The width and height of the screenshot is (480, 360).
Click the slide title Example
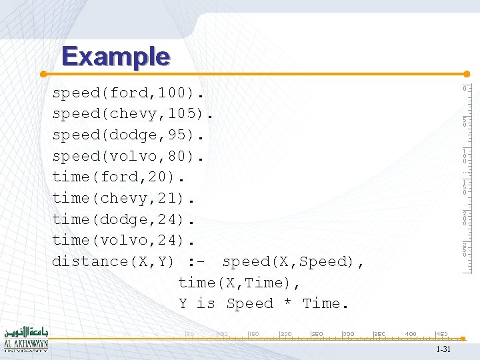(x=115, y=56)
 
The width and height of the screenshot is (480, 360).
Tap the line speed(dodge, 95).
(x=127, y=135)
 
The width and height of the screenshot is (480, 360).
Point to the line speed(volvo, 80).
(x=127, y=156)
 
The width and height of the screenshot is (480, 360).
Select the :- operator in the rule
(x=201, y=261)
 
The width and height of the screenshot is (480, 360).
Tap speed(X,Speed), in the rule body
(x=293, y=261)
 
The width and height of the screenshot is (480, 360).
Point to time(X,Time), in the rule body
(x=239, y=283)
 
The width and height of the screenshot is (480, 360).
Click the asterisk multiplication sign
(x=287, y=304)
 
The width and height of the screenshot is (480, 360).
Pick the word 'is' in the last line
(x=205, y=304)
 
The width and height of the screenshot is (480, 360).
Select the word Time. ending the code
(x=326, y=304)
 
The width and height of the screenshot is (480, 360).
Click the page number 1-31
(x=443, y=350)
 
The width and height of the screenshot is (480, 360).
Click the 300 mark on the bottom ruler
(x=348, y=333)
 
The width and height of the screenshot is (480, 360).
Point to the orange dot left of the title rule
(x=43, y=73)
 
